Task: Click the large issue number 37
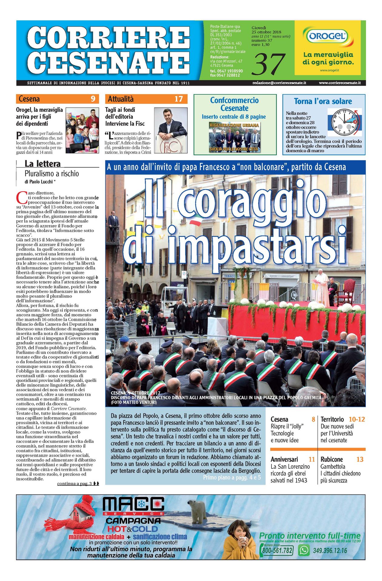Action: click(268, 64)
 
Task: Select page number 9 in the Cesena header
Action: click(93, 99)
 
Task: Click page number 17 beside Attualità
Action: click(178, 99)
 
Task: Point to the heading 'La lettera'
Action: click(42, 164)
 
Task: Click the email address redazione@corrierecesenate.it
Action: click(279, 83)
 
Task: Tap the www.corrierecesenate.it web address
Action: click(340, 83)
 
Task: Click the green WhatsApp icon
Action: click(304, 550)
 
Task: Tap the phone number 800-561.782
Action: click(277, 550)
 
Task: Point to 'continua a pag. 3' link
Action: click(75, 484)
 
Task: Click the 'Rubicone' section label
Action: click(331, 459)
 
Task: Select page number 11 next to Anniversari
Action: click(312, 459)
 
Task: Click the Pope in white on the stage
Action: click(322, 287)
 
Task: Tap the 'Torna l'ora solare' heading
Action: click(323, 101)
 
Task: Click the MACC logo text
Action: click(133, 504)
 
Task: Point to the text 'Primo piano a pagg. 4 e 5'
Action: click(232, 478)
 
